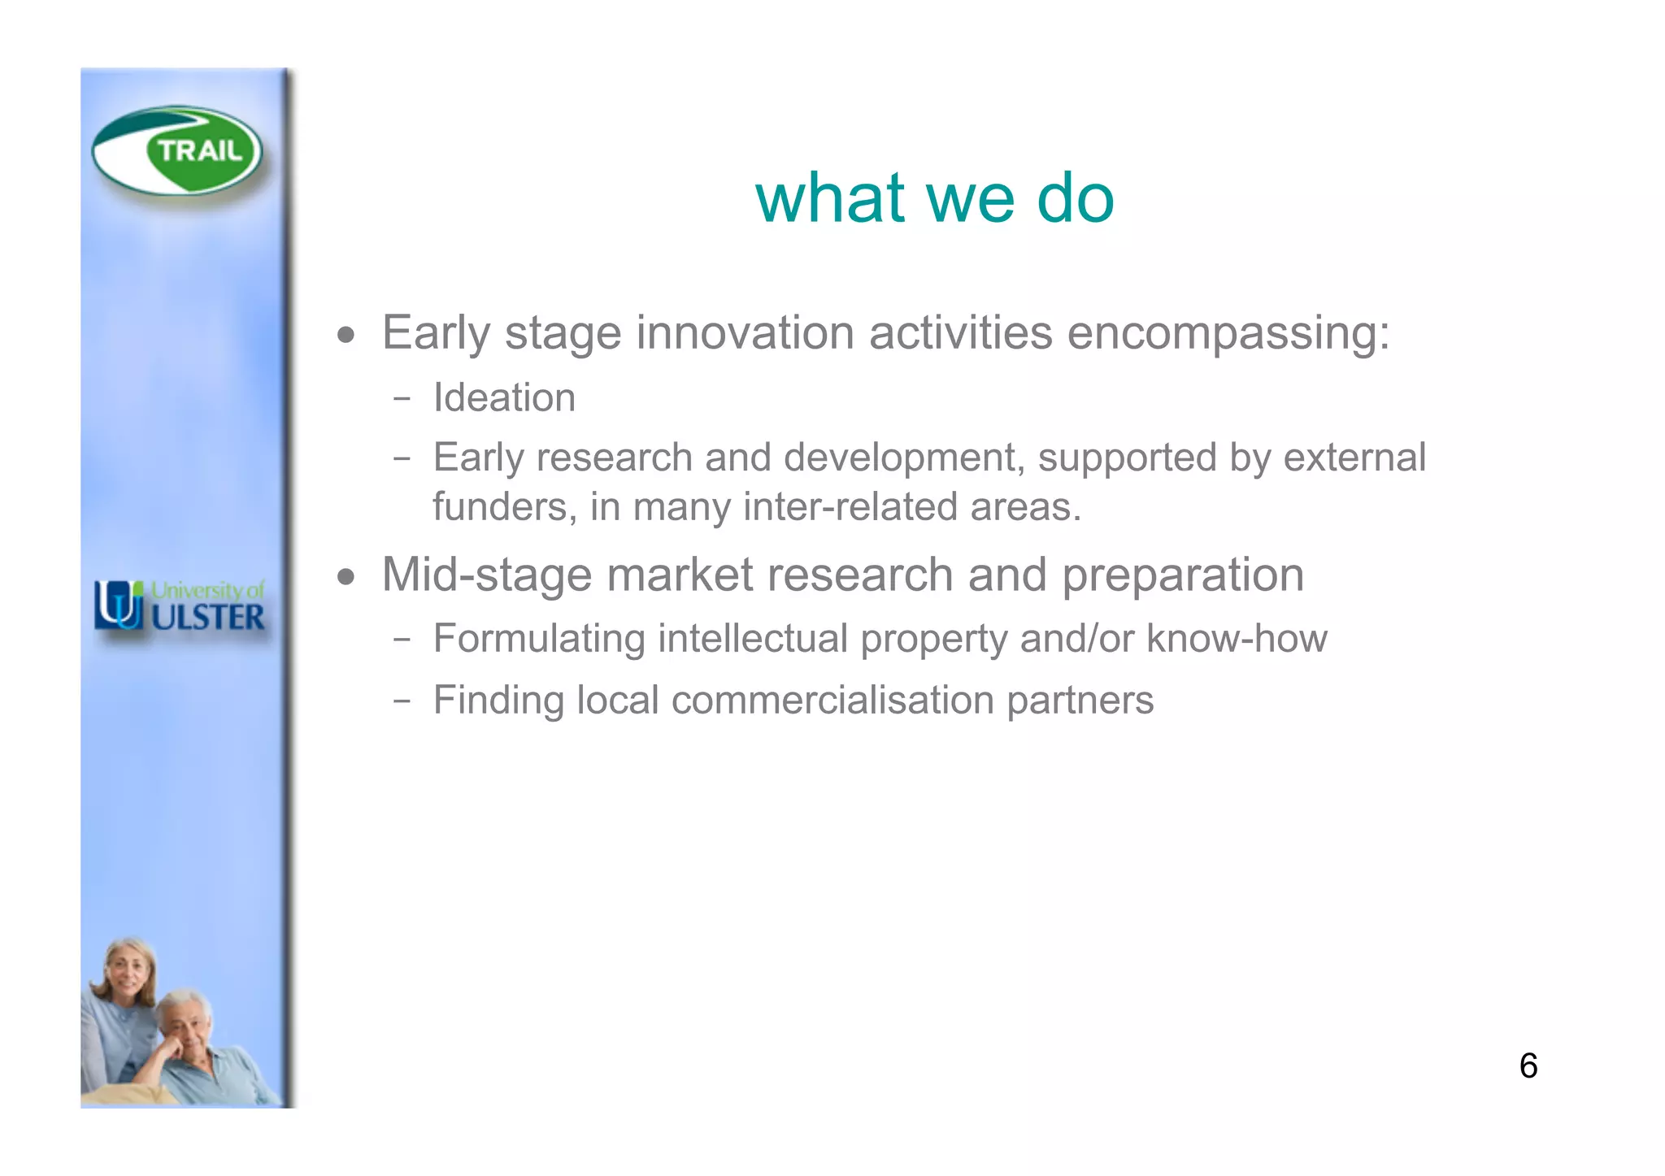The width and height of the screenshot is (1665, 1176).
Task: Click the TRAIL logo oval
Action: click(x=177, y=152)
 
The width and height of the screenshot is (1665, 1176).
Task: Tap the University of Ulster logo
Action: click(x=180, y=606)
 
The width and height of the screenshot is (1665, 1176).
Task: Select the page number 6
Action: click(x=1528, y=1066)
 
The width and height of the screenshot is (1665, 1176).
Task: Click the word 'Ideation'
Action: click(x=504, y=398)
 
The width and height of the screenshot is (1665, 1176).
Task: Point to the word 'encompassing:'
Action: click(x=1228, y=333)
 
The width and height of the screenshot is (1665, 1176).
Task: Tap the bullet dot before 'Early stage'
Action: click(x=347, y=335)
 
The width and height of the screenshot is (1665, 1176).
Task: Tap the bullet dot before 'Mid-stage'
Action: click(x=347, y=577)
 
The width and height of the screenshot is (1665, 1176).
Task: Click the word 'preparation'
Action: click(x=1183, y=576)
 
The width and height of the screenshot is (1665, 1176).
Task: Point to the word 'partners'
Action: click(x=1080, y=701)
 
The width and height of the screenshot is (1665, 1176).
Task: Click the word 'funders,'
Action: click(x=504, y=507)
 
